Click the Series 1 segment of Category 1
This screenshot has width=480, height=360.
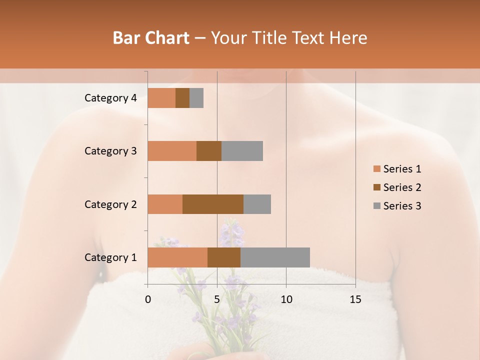pos(177,257)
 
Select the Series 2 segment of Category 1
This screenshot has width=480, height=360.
pos(224,257)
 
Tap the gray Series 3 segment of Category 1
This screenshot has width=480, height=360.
pos(275,257)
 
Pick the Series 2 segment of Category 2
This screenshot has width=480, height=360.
pos(213,204)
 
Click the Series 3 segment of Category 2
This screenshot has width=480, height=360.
pos(257,204)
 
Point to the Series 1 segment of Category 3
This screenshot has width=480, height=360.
pos(172,151)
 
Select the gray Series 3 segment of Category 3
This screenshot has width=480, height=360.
pos(242,151)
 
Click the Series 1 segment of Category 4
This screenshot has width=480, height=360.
pos(161,98)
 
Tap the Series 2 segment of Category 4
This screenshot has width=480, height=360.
pos(182,98)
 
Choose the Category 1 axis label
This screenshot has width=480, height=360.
pos(110,257)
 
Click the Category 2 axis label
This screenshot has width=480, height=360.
pos(110,204)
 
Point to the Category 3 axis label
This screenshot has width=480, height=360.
pos(110,151)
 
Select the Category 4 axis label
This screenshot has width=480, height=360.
pos(110,98)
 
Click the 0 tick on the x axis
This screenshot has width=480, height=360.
pos(148,299)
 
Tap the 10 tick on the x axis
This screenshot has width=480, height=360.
pos(286,299)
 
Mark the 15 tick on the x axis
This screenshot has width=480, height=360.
pos(355,299)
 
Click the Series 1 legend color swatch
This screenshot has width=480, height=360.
pos(376,169)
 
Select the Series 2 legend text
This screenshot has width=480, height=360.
pos(402,187)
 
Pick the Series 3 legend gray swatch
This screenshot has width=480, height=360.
pos(376,206)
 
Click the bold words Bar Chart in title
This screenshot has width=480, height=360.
pos(151,38)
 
